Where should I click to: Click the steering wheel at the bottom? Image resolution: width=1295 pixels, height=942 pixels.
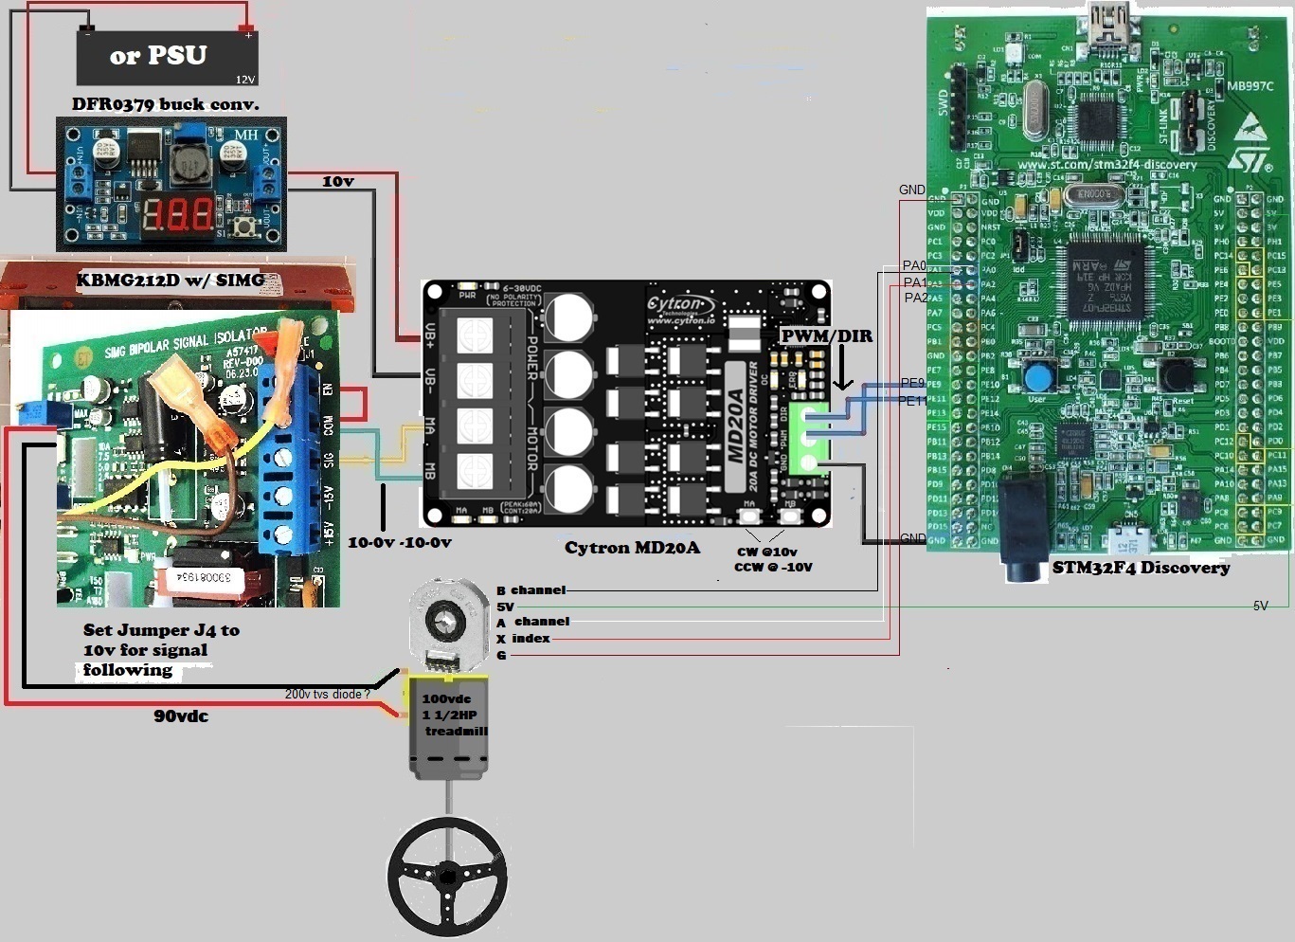pyautogui.click(x=447, y=876)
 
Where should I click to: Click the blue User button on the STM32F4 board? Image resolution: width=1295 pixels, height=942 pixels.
pyautogui.click(x=1038, y=378)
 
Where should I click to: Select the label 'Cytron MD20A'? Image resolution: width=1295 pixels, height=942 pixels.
pyautogui.click(x=632, y=548)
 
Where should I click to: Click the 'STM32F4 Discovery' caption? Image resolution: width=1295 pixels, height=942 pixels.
pyautogui.click(x=1141, y=568)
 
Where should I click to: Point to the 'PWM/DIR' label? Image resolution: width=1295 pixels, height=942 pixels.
pyautogui.click(x=827, y=336)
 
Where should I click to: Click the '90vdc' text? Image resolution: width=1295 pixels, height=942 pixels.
pyautogui.click(x=181, y=716)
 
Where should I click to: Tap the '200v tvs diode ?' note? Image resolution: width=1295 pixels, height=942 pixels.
pyautogui.click(x=327, y=695)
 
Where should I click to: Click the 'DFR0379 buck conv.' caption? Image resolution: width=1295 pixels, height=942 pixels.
pyautogui.click(x=166, y=104)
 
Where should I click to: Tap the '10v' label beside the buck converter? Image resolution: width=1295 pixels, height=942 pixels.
pyautogui.click(x=337, y=181)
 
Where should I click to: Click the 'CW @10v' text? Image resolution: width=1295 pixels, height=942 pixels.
pyautogui.click(x=766, y=552)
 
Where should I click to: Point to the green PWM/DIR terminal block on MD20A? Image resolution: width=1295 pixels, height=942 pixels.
pyautogui.click(x=810, y=439)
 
